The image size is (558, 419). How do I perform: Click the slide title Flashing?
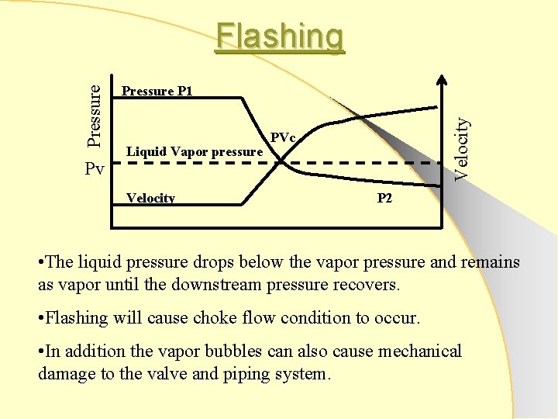coord(280,36)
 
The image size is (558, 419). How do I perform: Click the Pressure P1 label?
coord(157,91)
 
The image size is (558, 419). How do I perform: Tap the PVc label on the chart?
coord(283,138)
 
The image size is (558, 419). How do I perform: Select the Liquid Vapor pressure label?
coord(195,151)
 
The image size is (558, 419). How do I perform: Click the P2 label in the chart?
coord(385,198)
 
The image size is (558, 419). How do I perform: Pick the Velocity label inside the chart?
coord(150,198)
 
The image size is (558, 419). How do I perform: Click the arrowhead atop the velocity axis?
coord(443,79)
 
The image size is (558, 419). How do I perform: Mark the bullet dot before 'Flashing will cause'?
coord(42,318)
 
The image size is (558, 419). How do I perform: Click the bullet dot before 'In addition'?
coord(42,351)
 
